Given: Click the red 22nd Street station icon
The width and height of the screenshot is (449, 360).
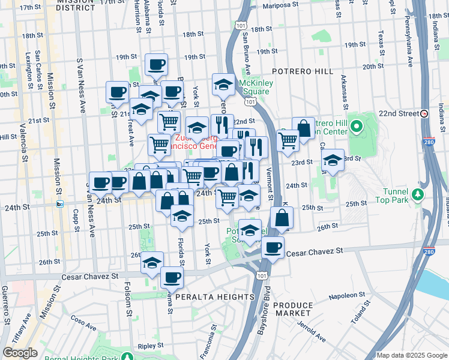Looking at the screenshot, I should coord(424,113).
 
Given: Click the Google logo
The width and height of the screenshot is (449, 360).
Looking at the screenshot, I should coord(20,353).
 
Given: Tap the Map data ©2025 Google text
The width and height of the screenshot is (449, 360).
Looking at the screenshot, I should coord(412,355).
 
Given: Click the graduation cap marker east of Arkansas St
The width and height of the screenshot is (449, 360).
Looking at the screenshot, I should coord(333,160).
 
